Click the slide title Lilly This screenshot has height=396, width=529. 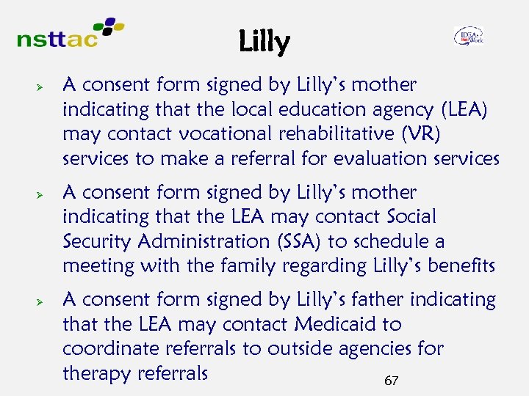tap(264, 43)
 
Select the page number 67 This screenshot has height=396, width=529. tap(391, 381)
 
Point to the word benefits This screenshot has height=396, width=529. tap(458, 265)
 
